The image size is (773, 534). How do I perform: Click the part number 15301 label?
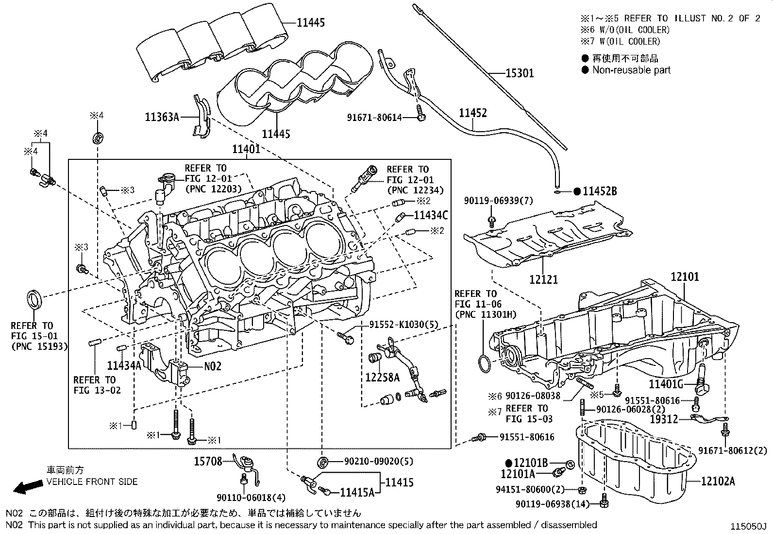pos(520,73)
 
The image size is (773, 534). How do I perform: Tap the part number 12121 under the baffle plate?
pos(543,279)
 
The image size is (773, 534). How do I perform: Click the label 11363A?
pos(162,117)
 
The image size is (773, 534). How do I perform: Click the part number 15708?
pos(208,461)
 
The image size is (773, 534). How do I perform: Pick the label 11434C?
pos(431,215)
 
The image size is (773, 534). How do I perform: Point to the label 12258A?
pos(383,377)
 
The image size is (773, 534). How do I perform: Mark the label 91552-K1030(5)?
pos(403,325)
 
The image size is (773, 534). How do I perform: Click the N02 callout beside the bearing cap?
pos(212,366)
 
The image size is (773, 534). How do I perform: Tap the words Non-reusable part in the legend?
pos(631,70)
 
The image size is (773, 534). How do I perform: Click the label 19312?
pos(664,418)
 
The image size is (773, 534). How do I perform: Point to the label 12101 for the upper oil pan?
pos(685,277)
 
